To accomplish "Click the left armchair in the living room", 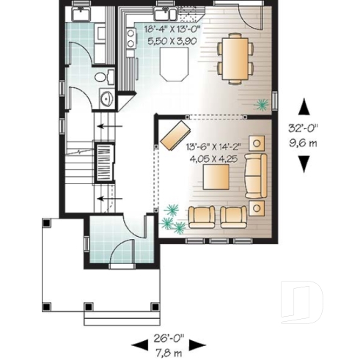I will [x=202, y=215].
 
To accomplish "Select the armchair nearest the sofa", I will [x=234, y=215].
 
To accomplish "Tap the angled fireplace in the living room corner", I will [x=173, y=134].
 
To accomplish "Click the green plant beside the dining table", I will [x=260, y=104].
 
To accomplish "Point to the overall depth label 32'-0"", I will [x=302, y=127].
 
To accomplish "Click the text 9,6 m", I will [x=302, y=142].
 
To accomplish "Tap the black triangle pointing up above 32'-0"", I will [x=301, y=104].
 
